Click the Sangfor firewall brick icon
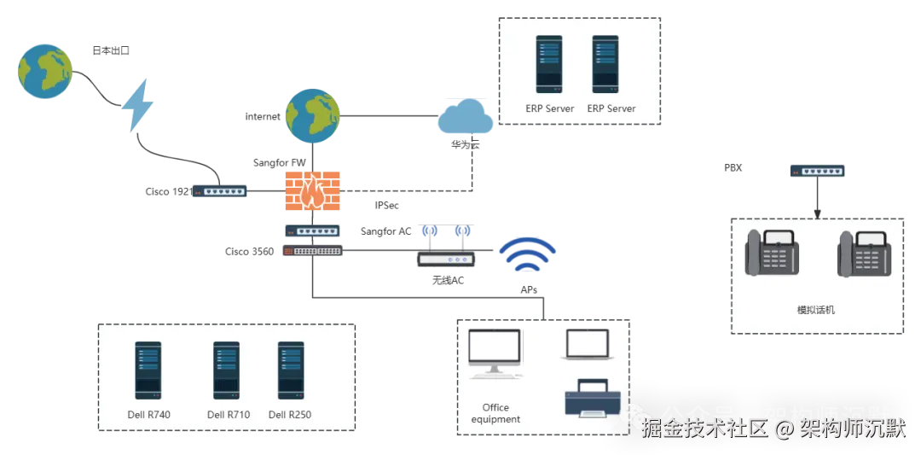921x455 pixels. (312, 191)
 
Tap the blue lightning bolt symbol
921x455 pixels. (137, 106)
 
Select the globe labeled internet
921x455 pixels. (312, 116)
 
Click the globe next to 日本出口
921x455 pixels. (45, 70)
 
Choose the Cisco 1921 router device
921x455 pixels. (220, 191)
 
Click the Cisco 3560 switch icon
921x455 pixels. (313, 250)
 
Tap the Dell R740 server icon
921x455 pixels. (148, 370)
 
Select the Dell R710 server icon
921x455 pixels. (226, 370)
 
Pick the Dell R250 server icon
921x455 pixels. (291, 370)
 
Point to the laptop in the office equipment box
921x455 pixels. (588, 345)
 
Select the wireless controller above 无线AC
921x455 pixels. (445, 259)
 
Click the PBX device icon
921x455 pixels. (817, 171)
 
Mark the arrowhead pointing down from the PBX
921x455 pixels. (817, 214)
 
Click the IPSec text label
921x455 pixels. (387, 205)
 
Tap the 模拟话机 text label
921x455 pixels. (817, 310)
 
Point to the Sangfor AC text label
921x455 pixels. (386, 231)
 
